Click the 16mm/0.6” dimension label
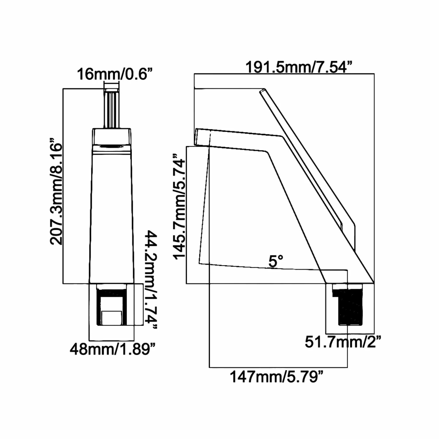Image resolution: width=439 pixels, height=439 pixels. pyautogui.click(x=115, y=74)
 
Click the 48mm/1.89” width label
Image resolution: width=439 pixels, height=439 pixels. pyautogui.click(x=112, y=349)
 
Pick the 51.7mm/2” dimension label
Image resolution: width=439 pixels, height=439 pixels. pyautogui.click(x=343, y=342)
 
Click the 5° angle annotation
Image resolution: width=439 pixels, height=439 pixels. pyautogui.click(x=276, y=261)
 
